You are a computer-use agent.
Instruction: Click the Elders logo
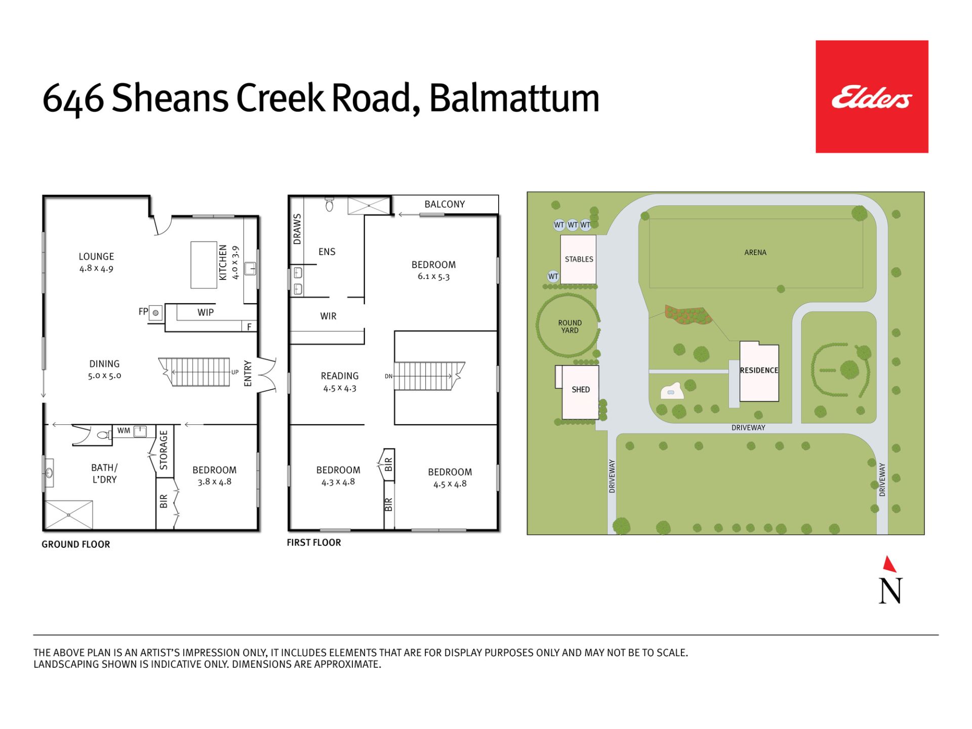(872, 97)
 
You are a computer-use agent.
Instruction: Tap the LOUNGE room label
(96, 257)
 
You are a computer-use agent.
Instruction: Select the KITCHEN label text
(223, 262)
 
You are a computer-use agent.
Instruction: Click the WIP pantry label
(206, 312)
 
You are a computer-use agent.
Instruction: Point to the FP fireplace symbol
(156, 313)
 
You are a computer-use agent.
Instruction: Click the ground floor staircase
(194, 372)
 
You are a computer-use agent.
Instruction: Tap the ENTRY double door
(267, 375)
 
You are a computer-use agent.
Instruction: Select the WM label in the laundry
(124, 431)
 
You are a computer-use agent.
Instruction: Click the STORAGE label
(164, 450)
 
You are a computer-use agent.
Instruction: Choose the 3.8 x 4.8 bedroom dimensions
(215, 482)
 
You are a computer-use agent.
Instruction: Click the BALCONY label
(444, 204)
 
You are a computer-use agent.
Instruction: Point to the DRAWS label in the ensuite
(297, 229)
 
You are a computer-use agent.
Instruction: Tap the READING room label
(340, 376)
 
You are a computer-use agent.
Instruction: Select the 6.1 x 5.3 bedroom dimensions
(433, 276)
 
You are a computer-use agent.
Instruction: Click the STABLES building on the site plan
(578, 259)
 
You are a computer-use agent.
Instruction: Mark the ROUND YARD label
(570, 327)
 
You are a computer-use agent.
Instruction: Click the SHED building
(580, 392)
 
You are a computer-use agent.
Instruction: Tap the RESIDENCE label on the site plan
(759, 371)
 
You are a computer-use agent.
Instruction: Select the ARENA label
(755, 253)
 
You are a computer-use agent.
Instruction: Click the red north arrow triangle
(889, 564)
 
